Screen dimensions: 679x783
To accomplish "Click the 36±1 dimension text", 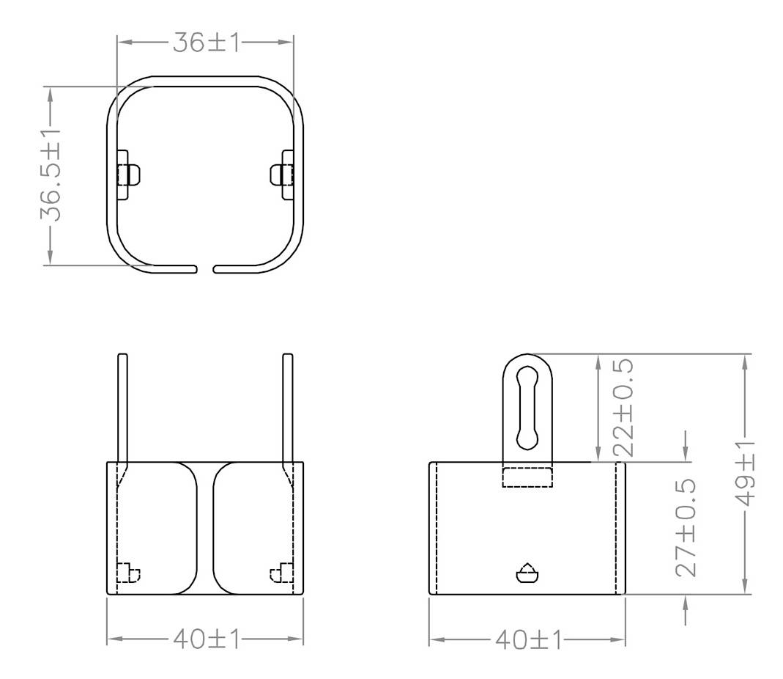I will pyautogui.click(x=206, y=43).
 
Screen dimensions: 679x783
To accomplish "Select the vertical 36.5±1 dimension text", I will pyautogui.click(x=50, y=175).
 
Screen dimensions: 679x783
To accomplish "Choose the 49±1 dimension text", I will pyautogui.click(x=745, y=474).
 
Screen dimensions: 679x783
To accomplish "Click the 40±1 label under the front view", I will pyautogui.click(x=206, y=639).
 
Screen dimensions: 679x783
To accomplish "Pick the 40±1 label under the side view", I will pyautogui.click(x=527, y=639).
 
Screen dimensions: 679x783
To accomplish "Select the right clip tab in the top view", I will pyautogui.click(x=283, y=175).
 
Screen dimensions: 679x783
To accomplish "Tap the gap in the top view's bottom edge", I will pyautogui.click(x=205, y=269).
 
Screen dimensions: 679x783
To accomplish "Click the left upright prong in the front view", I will pyautogui.click(x=122, y=408).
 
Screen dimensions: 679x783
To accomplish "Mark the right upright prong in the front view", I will pyautogui.click(x=288, y=408).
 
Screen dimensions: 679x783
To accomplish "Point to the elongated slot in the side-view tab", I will pyautogui.click(x=527, y=406).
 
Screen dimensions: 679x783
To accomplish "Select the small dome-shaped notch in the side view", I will pyautogui.click(x=527, y=573).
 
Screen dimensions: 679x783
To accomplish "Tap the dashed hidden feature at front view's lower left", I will pyautogui.click(x=128, y=572).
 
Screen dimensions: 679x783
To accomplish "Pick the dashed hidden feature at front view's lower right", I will pyautogui.click(x=282, y=572).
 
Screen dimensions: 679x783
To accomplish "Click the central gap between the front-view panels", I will pyautogui.click(x=205, y=528).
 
